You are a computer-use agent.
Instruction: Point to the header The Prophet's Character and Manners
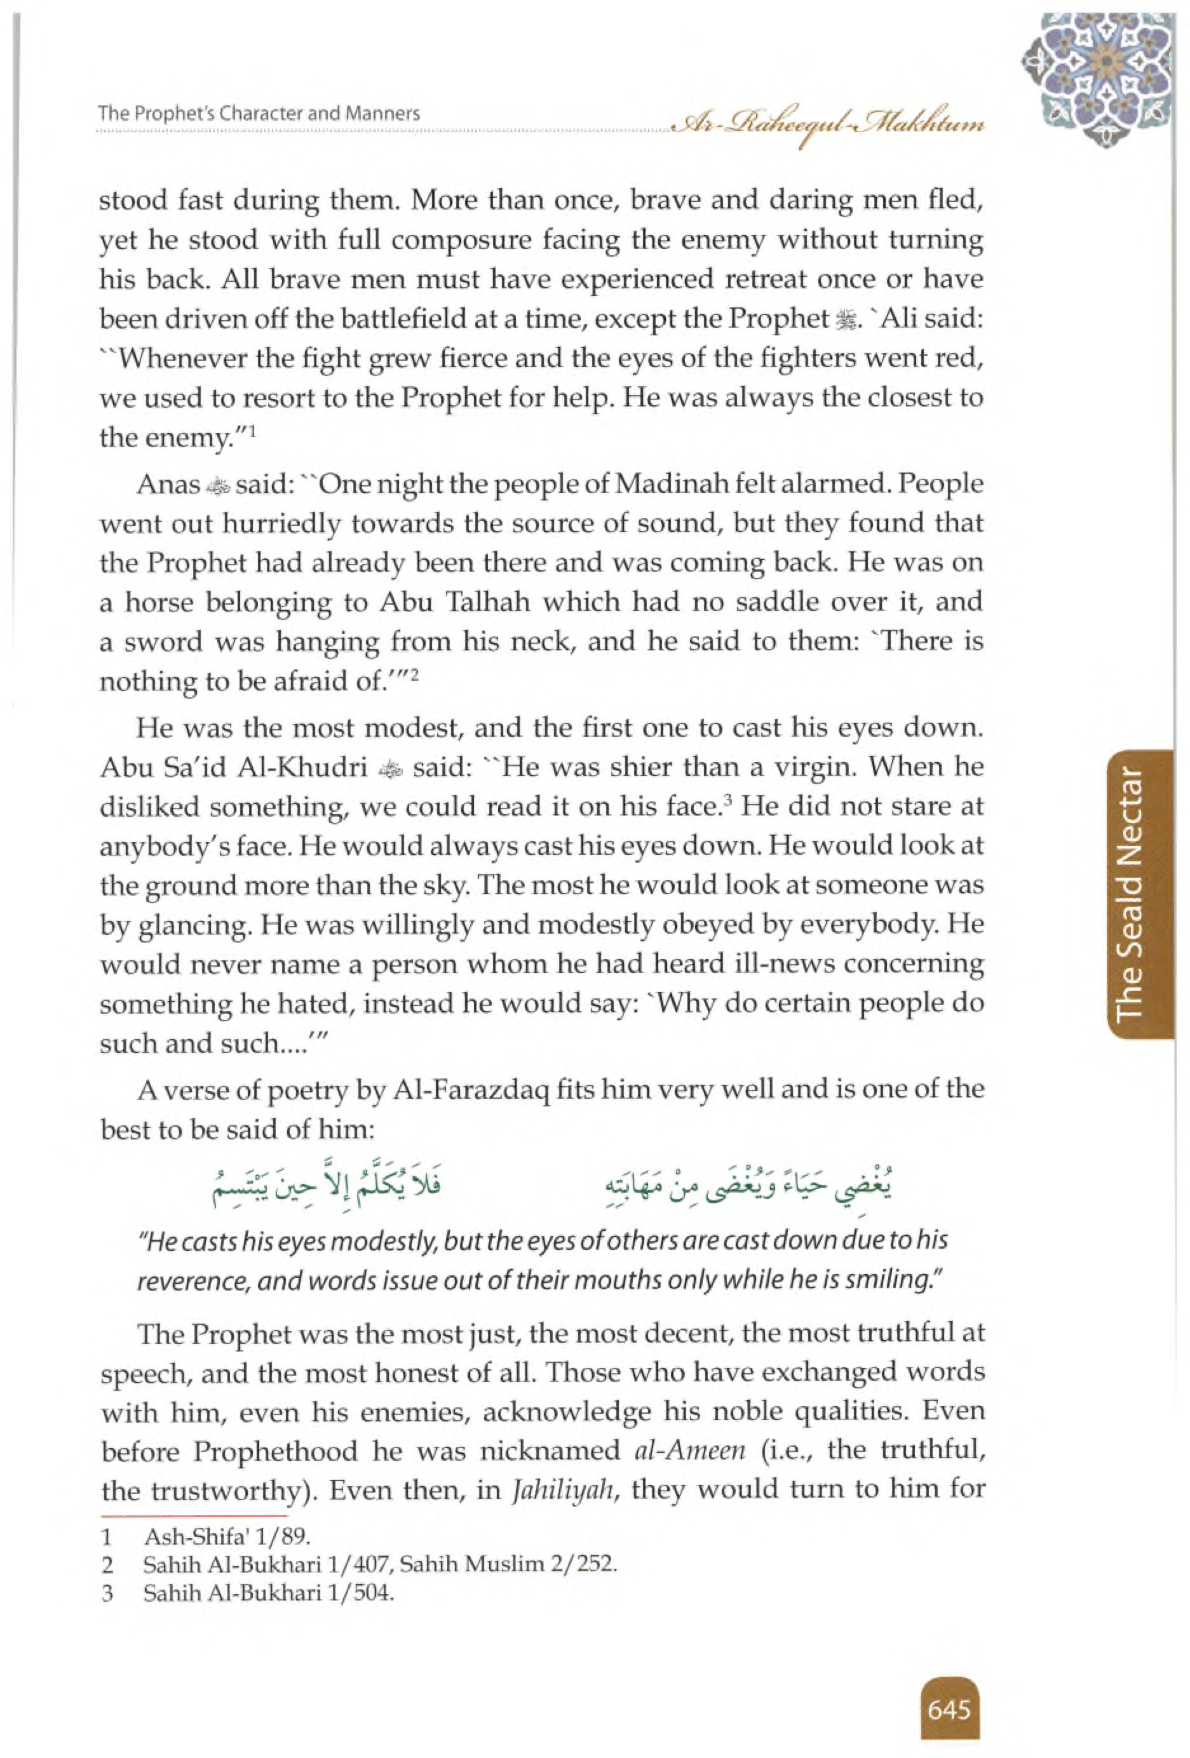point(259,114)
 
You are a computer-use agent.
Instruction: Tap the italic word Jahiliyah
point(563,1490)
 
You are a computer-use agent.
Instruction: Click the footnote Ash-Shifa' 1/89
point(227,1537)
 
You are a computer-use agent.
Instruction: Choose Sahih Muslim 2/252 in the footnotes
point(532,1565)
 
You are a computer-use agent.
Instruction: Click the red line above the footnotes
point(194,1515)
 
